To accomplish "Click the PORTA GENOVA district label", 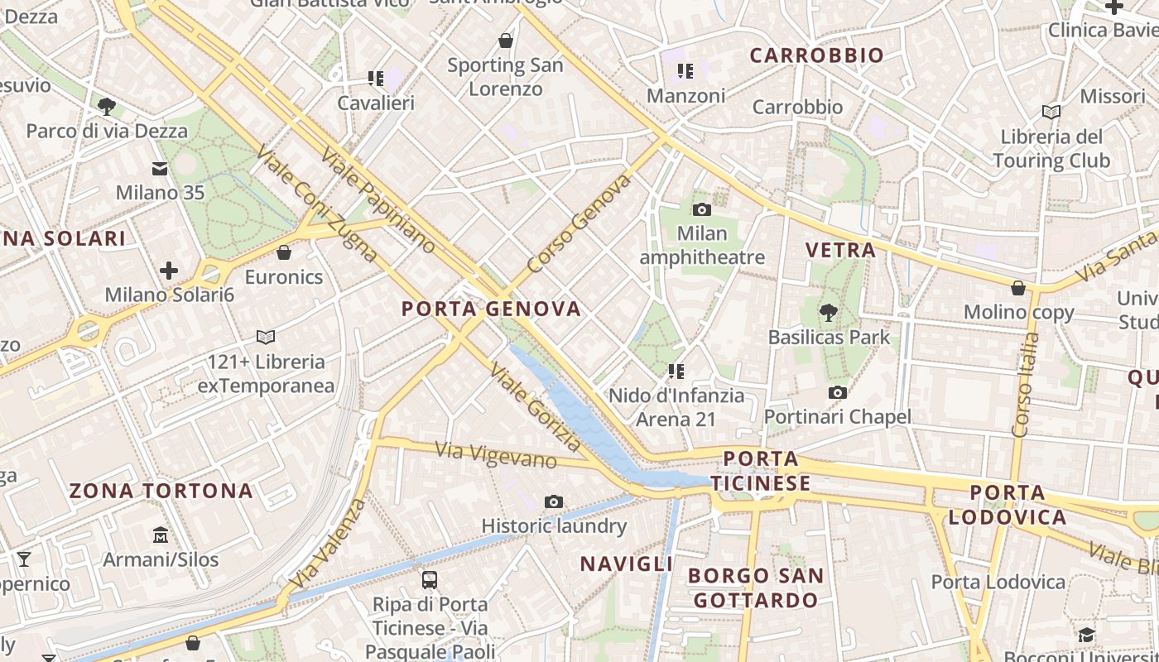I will point(491,309).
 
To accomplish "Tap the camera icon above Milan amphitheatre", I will point(702,210).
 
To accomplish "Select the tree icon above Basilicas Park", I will point(828,313).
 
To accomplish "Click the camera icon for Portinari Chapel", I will point(838,393).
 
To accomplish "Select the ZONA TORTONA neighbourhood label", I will point(161,492).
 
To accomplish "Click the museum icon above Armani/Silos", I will point(161,535).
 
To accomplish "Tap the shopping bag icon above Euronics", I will point(284,252).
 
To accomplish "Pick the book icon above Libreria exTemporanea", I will point(266,337).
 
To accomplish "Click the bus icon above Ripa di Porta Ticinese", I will point(429,579).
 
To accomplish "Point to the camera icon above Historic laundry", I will point(554,501).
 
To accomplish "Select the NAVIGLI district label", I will point(626,564).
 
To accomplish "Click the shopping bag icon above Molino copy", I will point(1018,288).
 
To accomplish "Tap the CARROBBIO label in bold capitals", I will point(817,55).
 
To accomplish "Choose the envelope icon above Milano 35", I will point(160,169).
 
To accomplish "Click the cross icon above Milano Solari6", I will point(169,271).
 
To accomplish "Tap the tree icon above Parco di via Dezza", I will point(106,106).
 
